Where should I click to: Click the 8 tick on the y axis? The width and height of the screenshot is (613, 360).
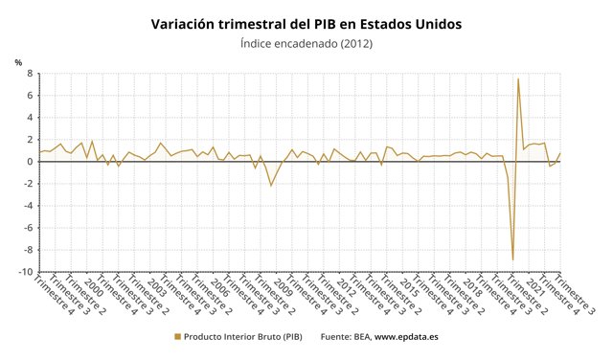[29, 73]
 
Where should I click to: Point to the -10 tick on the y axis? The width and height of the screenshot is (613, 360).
[26, 273]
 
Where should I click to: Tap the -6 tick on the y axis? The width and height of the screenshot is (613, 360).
[28, 228]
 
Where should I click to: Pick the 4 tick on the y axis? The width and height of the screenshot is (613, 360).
[29, 117]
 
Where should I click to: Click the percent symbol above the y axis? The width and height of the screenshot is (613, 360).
[18, 62]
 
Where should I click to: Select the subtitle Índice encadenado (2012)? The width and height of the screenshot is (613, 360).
[306, 43]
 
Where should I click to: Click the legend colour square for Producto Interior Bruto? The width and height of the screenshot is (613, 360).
[176, 336]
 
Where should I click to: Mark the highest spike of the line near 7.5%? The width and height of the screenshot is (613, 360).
[518, 79]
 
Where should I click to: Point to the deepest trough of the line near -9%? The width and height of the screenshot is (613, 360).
[512, 259]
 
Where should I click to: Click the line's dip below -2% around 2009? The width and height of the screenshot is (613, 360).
[271, 185]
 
